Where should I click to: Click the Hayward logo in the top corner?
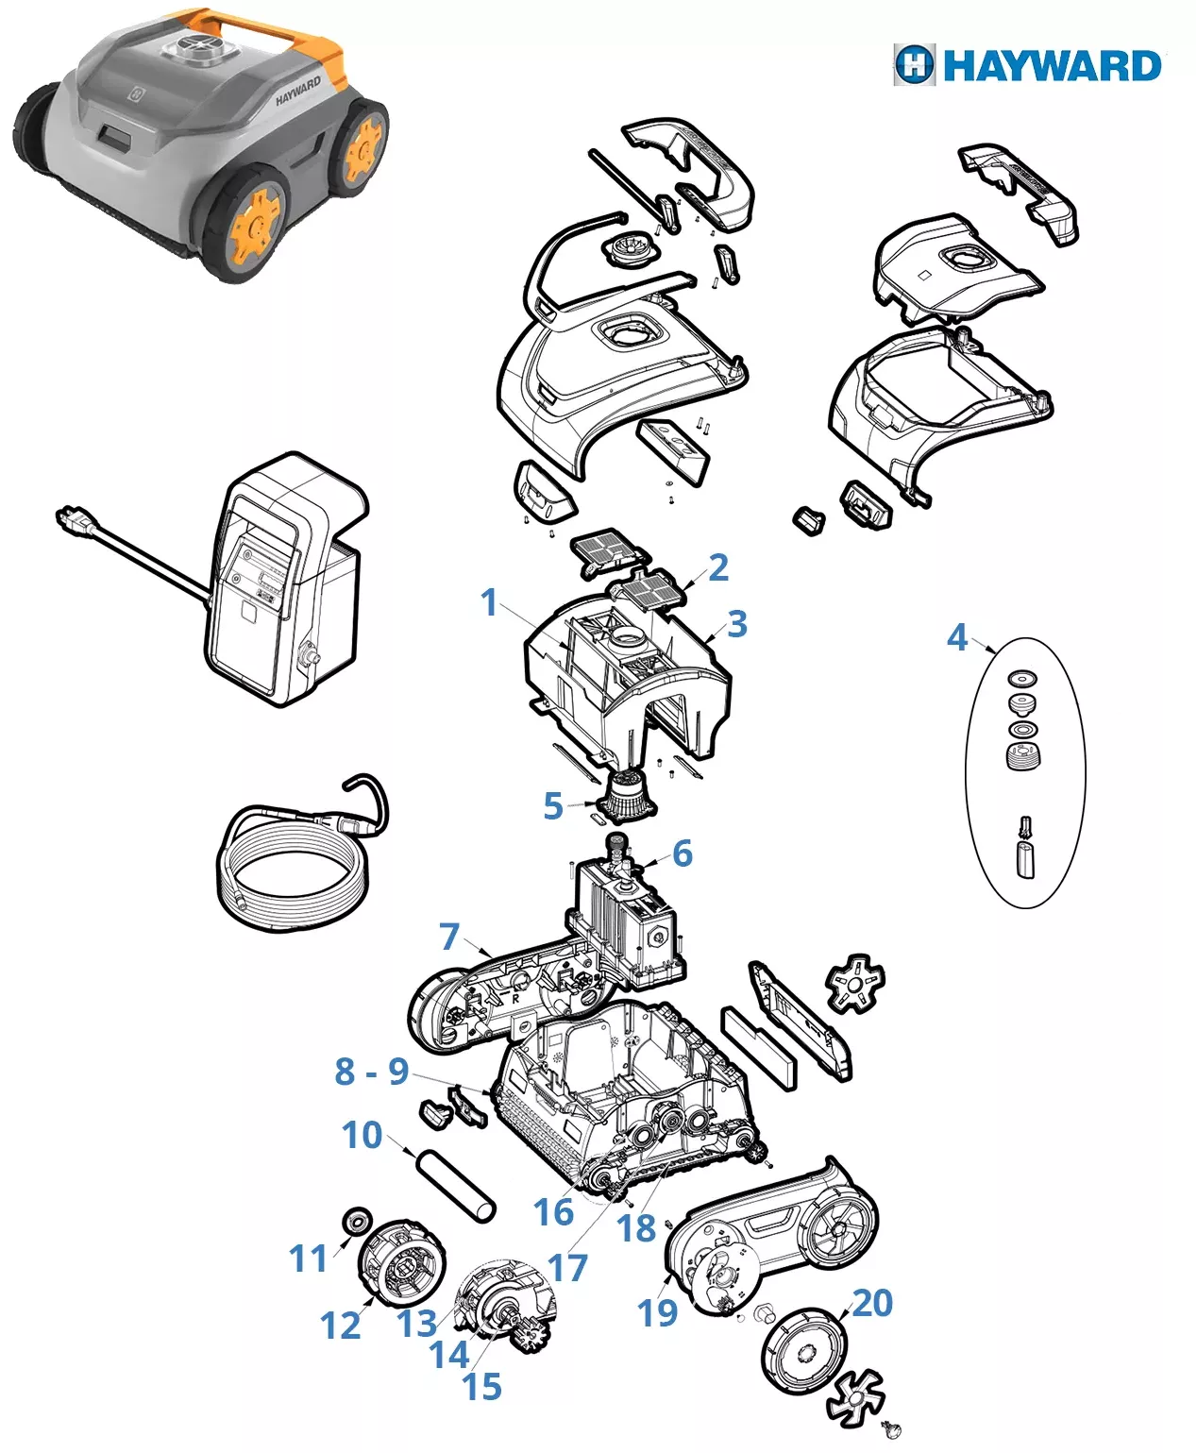pos(1027,66)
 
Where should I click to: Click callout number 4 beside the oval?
pos(957,637)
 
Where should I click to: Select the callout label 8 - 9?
pos(372,1071)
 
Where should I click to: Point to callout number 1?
pos(490,602)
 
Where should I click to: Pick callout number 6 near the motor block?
pos(682,853)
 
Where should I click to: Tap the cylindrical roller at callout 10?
pos(456,1186)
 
